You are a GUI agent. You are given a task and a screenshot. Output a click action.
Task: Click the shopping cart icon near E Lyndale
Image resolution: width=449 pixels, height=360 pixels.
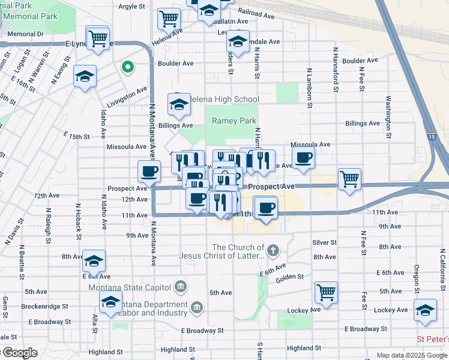coord(98,38)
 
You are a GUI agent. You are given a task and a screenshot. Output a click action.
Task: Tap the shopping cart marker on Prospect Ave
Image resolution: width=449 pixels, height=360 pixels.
coord(349,179)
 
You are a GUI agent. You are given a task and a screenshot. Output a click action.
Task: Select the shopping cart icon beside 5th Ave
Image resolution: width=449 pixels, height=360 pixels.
coord(326,293)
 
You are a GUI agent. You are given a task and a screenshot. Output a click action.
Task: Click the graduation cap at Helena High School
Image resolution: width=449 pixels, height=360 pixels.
coord(178,105)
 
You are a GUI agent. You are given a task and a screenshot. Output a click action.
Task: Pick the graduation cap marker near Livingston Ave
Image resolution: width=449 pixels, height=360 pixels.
coord(85,77)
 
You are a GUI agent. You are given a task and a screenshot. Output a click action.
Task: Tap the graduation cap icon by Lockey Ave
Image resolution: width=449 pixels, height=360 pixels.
coord(425,310)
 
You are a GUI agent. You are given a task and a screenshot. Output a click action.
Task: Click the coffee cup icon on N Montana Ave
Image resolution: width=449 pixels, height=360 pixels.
coord(149,172)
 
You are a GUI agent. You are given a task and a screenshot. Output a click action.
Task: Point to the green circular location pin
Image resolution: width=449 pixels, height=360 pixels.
coord(127,67)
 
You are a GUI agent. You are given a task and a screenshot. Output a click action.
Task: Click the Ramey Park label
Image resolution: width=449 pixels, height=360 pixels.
coord(234,121)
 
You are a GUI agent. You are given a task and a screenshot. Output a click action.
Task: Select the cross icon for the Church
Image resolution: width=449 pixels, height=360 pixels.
coord(273,250)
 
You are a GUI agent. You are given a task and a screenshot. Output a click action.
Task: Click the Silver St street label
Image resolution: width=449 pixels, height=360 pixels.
coord(324,242)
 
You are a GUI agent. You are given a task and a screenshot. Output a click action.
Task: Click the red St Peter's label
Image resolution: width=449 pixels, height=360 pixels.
coord(432,340)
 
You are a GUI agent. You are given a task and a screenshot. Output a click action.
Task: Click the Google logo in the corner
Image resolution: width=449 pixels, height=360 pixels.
coord(19,353)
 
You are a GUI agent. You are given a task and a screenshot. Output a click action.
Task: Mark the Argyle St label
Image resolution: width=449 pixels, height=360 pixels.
coord(132,7)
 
